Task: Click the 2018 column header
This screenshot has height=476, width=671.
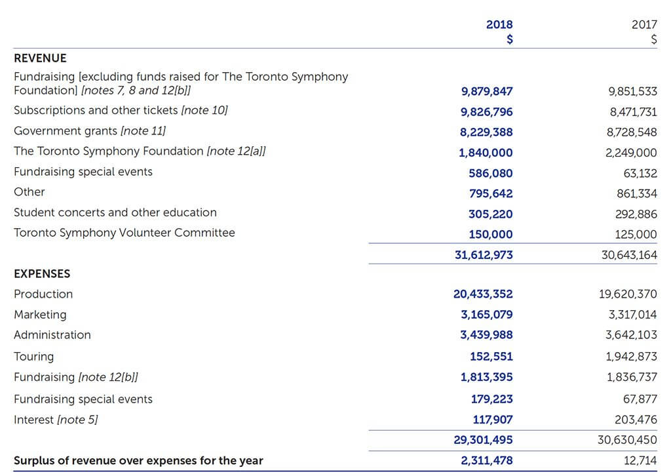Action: click(x=499, y=25)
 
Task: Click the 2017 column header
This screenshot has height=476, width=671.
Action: click(x=643, y=25)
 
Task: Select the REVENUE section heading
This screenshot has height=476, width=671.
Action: click(x=40, y=58)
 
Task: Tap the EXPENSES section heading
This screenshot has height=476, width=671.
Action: click(x=42, y=273)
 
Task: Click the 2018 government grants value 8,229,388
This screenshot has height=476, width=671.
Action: click(x=486, y=132)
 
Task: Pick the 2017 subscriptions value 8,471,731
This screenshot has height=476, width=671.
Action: click(x=632, y=112)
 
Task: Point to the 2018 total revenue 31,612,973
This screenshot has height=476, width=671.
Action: click(x=484, y=255)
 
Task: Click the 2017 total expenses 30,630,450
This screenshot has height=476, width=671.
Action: click(x=627, y=440)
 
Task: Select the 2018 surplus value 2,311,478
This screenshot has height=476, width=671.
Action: click(x=486, y=461)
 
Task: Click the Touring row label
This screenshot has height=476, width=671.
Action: click(x=33, y=357)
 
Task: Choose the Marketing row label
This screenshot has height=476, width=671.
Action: click(x=40, y=315)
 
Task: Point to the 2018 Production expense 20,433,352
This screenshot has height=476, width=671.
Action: click(x=483, y=294)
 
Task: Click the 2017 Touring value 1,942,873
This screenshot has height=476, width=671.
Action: click(x=632, y=357)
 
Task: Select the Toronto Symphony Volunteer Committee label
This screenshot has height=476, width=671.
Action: click(x=124, y=233)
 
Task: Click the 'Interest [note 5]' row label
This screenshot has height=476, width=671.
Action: click(x=56, y=420)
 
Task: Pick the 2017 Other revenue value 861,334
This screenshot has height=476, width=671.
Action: click(x=636, y=193)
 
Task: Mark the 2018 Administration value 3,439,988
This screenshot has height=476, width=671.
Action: click(x=486, y=335)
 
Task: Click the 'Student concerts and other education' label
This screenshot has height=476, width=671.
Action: click(x=115, y=212)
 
